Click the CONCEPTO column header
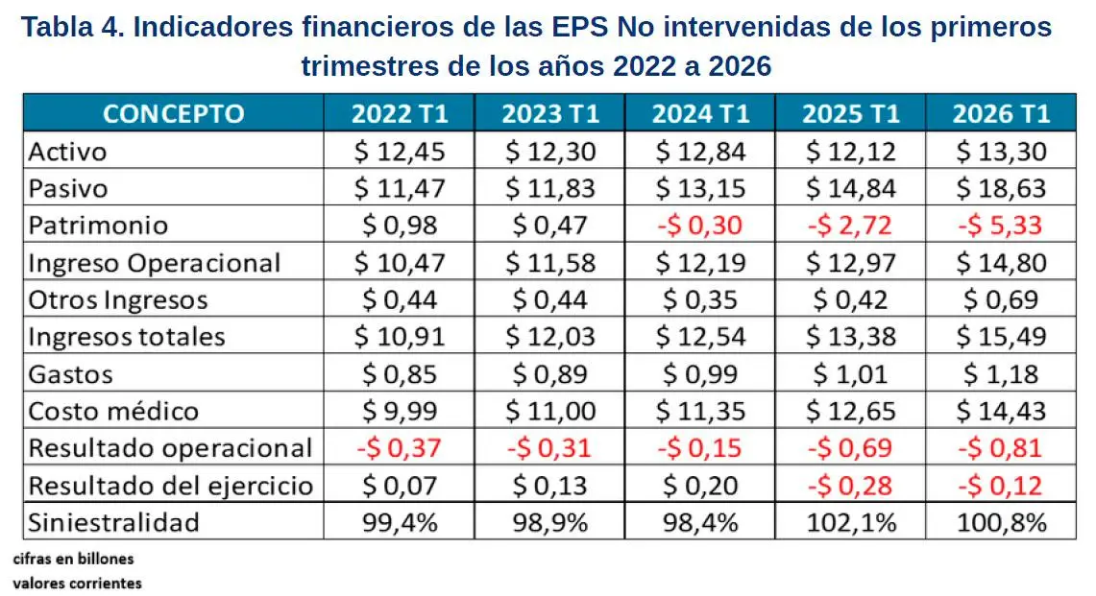[173, 114]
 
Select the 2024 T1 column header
[700, 114]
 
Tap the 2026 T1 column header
[1001, 114]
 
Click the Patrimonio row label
[99, 226]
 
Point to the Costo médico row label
[114, 412]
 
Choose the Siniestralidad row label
[114, 523]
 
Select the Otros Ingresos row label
[118, 300]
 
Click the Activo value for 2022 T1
[400, 152]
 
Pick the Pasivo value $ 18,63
[1001, 189]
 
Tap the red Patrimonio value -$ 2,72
[850, 226]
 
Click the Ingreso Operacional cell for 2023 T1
[550, 263]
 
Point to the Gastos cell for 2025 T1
[850, 374]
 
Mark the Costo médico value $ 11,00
[550, 412]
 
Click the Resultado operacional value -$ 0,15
[699, 448]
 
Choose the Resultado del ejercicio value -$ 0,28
[850, 486]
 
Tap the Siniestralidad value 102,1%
[851, 523]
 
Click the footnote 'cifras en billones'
[73, 559]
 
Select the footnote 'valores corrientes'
[78, 583]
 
